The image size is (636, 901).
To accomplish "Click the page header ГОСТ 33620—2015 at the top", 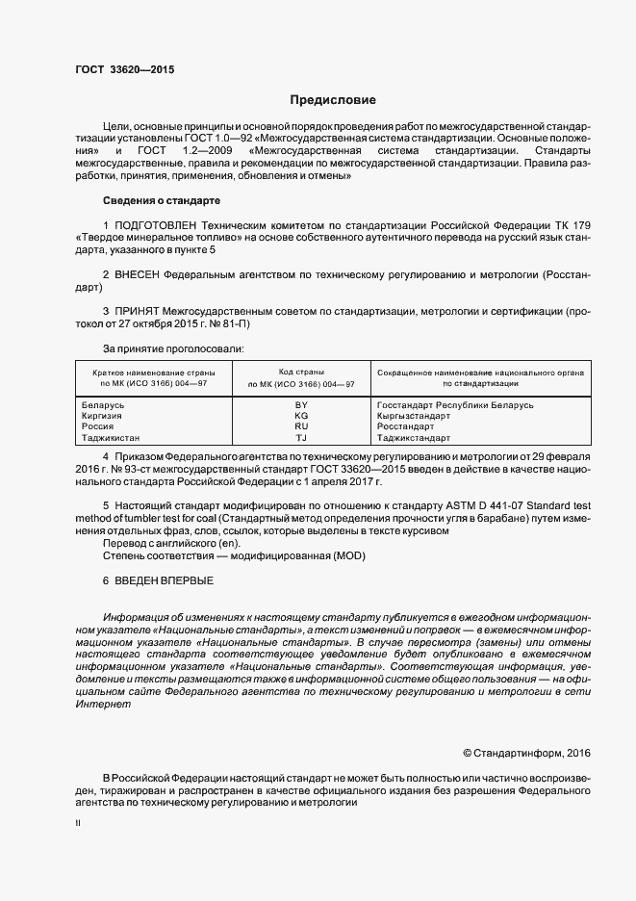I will tap(124, 69).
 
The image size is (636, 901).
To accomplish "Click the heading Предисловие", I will tap(333, 100).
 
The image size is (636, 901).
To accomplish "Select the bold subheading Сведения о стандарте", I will tap(161, 200).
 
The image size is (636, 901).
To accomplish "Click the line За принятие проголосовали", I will tap(173, 348).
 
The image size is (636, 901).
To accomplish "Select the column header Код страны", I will tap(300, 372).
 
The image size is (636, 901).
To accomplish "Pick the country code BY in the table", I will tap(301, 405).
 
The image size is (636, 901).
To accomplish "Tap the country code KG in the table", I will tap(301, 416).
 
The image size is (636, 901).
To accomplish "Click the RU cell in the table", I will tap(301, 425).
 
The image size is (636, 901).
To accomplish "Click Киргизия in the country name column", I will tap(103, 416).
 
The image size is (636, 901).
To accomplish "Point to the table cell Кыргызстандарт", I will tap(415, 416).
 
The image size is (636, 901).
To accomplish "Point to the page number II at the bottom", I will tap(78, 823).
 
